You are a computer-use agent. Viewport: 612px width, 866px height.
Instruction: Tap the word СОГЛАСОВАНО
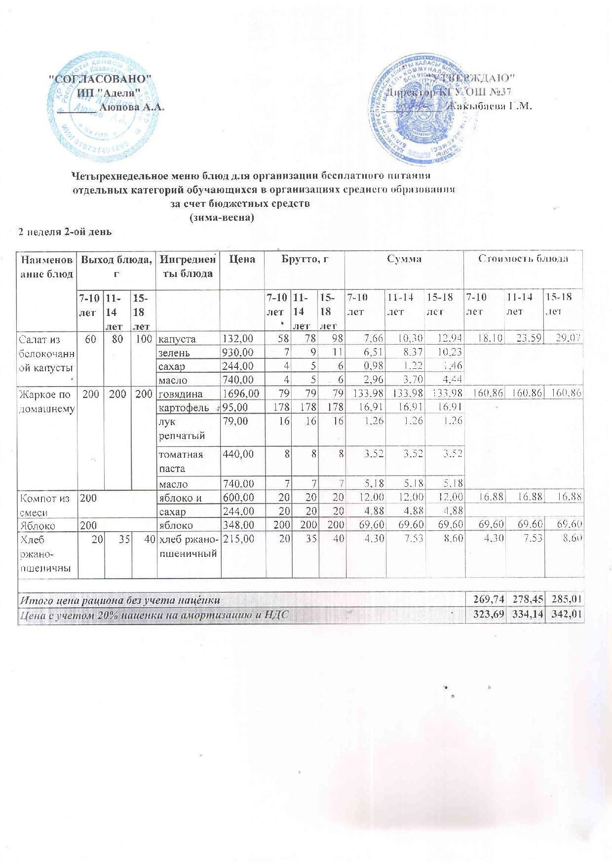tap(102, 79)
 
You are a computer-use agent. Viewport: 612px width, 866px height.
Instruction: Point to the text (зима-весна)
tap(222, 218)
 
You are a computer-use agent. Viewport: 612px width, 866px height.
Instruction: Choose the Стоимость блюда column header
tap(524, 258)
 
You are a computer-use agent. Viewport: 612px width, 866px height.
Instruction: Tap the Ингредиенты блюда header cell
tap(188, 266)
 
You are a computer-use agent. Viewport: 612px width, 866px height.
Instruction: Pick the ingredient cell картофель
tap(182, 407)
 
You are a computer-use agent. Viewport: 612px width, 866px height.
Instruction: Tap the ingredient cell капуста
tap(177, 339)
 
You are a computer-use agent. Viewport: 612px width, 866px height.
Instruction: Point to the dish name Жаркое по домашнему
tap(46, 401)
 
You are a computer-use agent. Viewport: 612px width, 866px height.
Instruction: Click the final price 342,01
tap(565, 615)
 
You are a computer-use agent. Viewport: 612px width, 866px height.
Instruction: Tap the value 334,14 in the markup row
tap(525, 615)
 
